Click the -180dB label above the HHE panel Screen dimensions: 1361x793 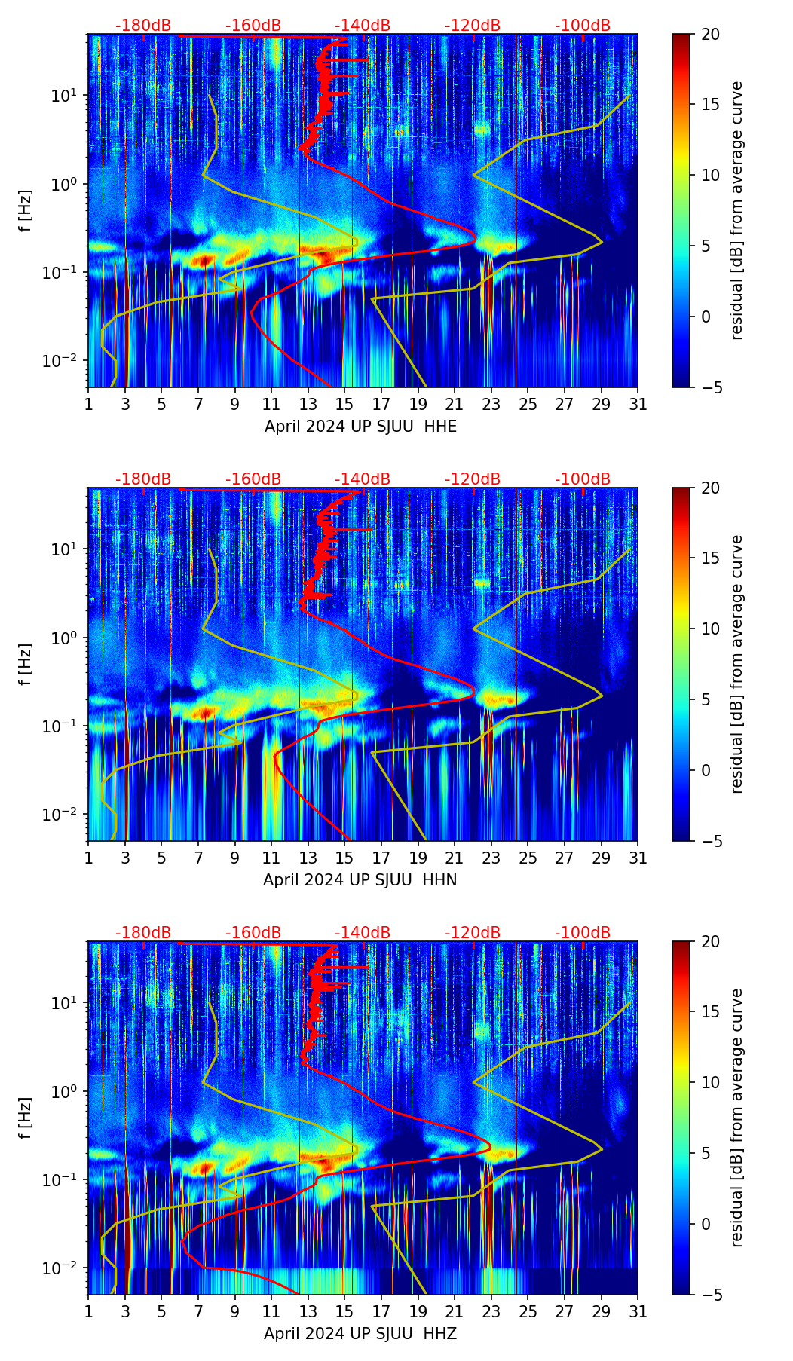click(143, 26)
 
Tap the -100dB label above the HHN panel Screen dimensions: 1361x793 click(583, 479)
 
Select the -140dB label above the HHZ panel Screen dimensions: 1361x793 click(363, 933)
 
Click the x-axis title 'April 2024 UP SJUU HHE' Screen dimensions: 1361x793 click(360, 427)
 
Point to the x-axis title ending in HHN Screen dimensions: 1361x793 click(360, 880)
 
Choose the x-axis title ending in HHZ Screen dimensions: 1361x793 click(360, 1334)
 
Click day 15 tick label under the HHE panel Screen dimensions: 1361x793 click(344, 405)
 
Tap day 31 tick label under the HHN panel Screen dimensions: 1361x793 click(638, 858)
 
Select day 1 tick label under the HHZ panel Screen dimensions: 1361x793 click(89, 1312)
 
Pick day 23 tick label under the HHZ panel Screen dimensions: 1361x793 click(491, 1312)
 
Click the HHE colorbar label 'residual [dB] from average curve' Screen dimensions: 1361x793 click(736, 210)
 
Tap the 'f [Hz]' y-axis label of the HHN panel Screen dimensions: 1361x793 click(26, 664)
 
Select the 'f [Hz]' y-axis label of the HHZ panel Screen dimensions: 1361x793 click(26, 1118)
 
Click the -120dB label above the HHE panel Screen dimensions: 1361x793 click(473, 26)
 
